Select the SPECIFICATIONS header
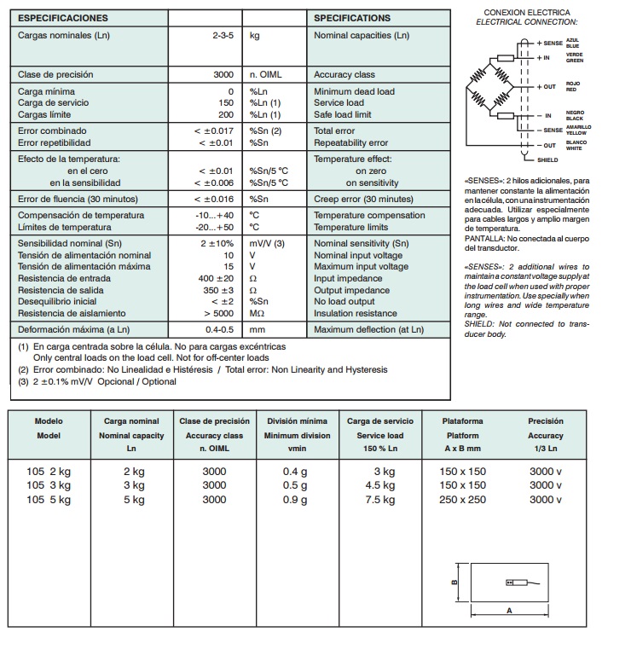[352, 18]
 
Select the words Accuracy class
[345, 75]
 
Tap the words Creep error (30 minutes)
[362, 199]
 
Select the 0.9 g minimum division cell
[296, 501]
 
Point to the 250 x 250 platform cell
[462, 501]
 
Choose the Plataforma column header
[462, 421]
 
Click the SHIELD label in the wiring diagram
[548, 160]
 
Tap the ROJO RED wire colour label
[572, 86]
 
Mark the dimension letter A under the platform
[509, 611]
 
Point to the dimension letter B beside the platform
[454, 583]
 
